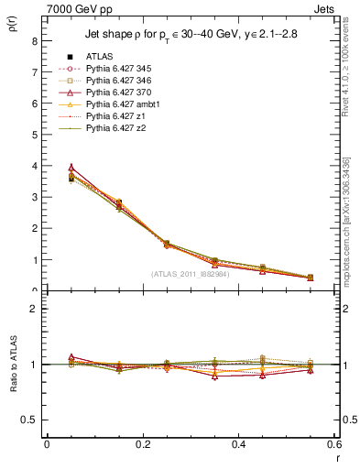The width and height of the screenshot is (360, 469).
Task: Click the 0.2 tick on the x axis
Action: point(142,443)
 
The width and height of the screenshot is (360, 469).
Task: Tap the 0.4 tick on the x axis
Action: point(238,443)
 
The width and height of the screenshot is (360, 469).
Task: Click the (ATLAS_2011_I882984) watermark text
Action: point(190,274)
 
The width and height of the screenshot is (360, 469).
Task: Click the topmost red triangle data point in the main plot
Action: point(47,168)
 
